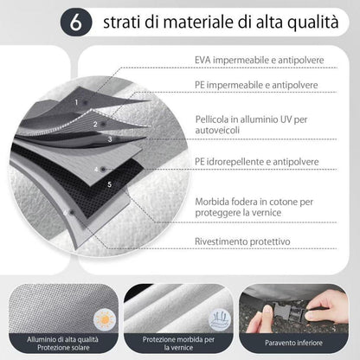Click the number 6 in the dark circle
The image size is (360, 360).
pos(76,22)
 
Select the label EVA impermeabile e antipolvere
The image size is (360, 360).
pos(260,60)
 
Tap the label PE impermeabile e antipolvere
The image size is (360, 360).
pos(256,85)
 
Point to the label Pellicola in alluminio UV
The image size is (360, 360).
pos(251,125)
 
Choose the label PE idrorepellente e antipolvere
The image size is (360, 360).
pos(257,162)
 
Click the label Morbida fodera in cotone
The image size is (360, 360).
pos(254,207)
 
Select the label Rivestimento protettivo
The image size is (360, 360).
pos(242,241)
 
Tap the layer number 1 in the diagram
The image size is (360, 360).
pos(76,102)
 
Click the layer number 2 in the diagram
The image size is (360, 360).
pos(95,125)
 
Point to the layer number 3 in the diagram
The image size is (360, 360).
pos(110,139)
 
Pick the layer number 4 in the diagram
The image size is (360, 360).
pos(96,170)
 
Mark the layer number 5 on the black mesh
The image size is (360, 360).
pos(109,184)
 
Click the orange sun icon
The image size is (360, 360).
pos(105,319)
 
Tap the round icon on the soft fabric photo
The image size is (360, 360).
pos(219,319)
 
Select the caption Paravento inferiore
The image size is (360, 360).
pos(293,343)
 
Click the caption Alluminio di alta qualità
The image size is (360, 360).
pos(63,339)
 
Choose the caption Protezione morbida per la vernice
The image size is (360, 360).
pos(178,344)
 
